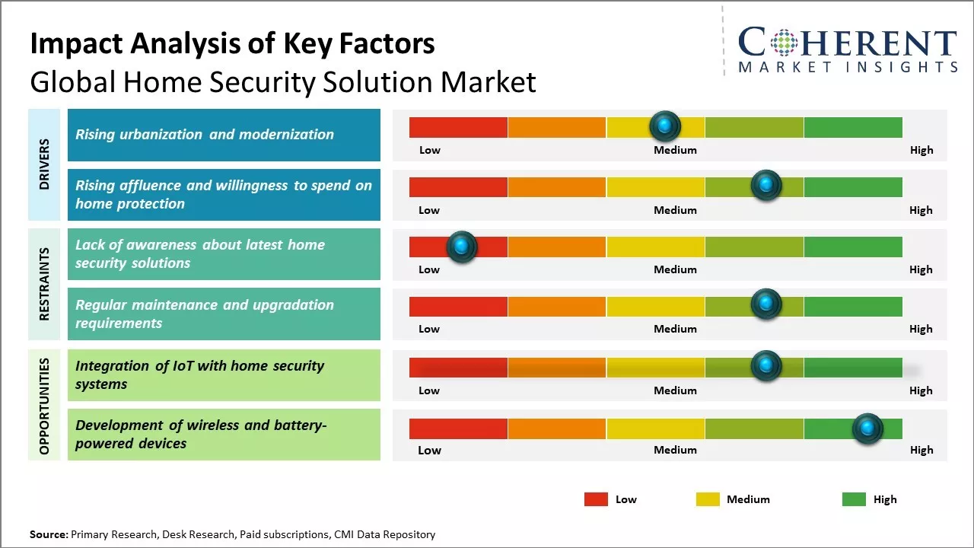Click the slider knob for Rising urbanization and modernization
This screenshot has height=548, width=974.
tap(665, 126)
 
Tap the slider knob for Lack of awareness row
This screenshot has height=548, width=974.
tap(461, 247)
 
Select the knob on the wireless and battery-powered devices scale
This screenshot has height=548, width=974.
tap(867, 429)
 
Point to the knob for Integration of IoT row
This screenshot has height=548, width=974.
tap(766, 366)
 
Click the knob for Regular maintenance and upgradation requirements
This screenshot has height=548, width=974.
tap(766, 304)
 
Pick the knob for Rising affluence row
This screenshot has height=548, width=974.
tap(766, 186)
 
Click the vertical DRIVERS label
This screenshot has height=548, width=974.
tap(44, 164)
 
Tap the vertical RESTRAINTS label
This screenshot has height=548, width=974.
tap(44, 284)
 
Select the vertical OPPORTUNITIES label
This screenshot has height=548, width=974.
tap(44, 406)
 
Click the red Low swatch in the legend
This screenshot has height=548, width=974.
tap(596, 499)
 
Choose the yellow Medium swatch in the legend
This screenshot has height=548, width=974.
tap(708, 499)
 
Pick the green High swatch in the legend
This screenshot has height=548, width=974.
tap(854, 499)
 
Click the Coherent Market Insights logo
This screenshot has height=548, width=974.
tap(848, 49)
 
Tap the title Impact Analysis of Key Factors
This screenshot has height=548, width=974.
tap(232, 43)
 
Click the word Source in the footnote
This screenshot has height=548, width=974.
tap(48, 534)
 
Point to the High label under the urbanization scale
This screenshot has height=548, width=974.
tap(921, 150)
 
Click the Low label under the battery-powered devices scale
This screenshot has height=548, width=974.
tap(429, 450)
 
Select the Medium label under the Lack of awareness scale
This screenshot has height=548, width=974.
tap(675, 269)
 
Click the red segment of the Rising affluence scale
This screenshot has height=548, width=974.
tap(458, 186)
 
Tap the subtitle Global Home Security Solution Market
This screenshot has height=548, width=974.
tap(282, 81)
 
